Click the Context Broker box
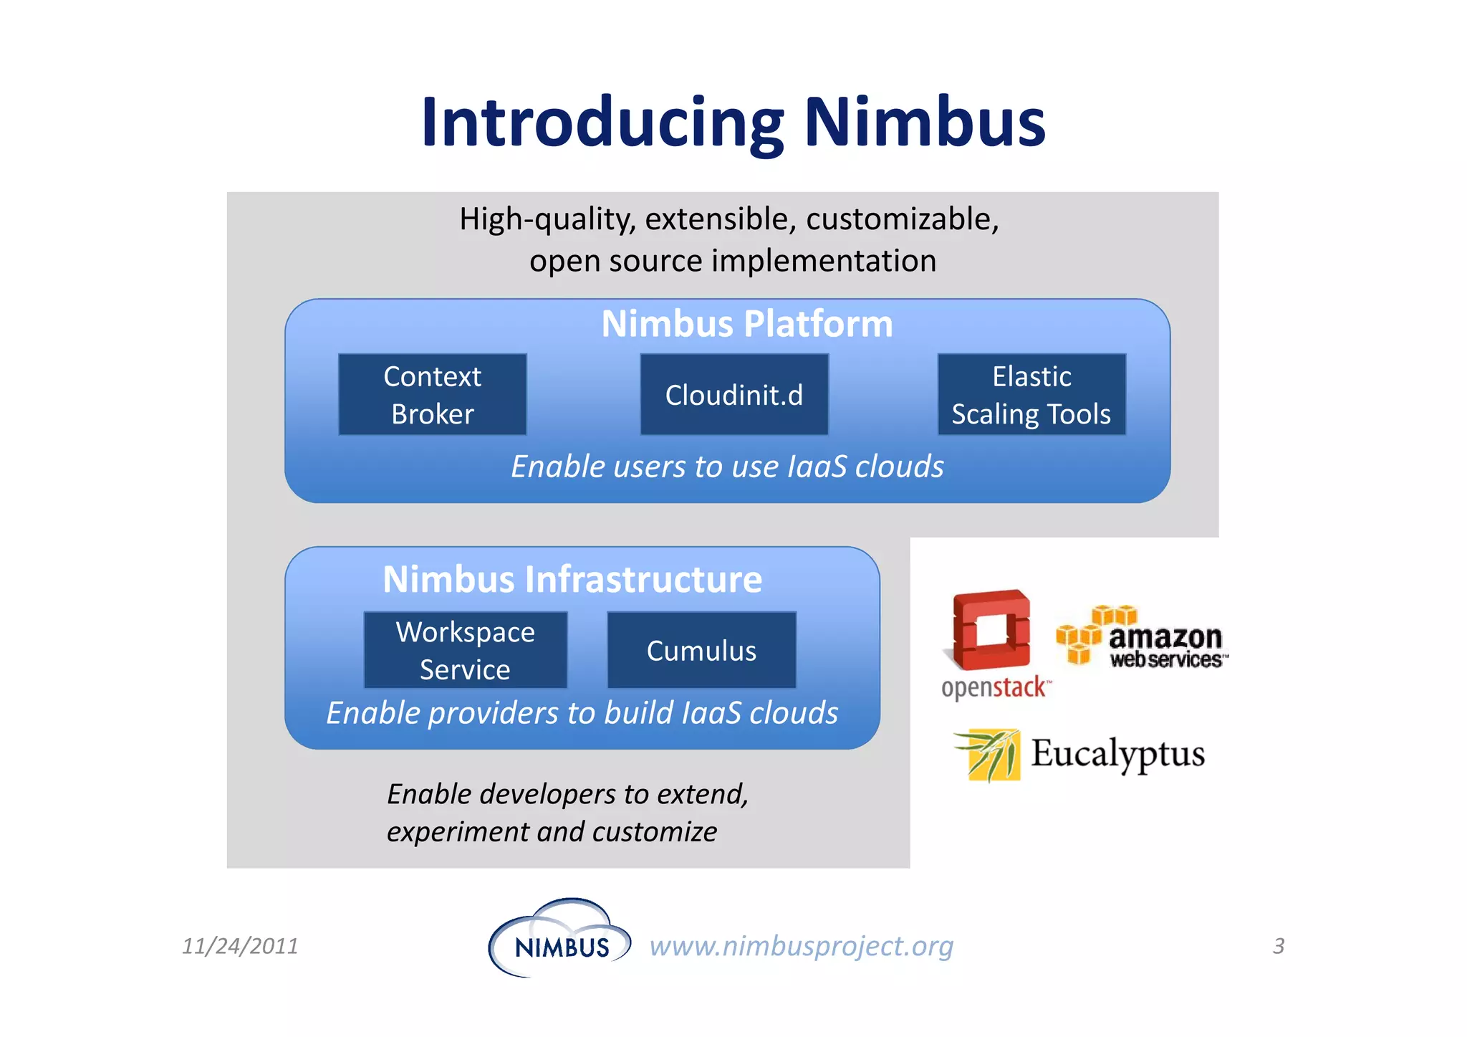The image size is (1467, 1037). [432, 394]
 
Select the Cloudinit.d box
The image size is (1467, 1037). [734, 394]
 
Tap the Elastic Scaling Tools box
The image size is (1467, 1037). [1031, 394]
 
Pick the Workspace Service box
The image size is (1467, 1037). [466, 650]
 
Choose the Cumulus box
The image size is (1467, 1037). [701, 650]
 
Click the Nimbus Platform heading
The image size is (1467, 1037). [747, 324]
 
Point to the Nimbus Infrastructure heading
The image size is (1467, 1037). [572, 579]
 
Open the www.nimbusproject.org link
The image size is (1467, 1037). [802, 946]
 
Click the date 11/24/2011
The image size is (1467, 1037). [240, 946]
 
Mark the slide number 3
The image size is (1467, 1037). [1279, 946]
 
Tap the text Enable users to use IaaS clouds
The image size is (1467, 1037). [727, 467]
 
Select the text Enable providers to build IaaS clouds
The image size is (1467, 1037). [582, 713]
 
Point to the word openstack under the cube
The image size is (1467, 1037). [994, 688]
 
